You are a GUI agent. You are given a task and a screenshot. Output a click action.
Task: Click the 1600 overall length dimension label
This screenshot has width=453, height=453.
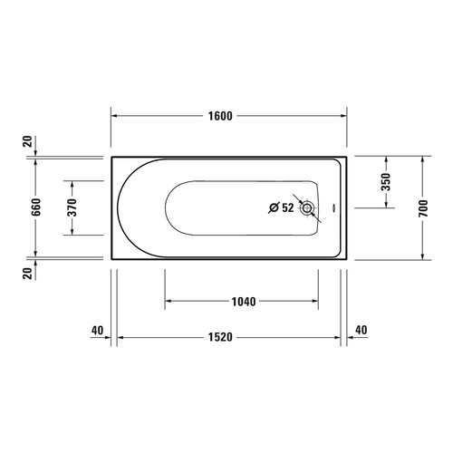[219, 116]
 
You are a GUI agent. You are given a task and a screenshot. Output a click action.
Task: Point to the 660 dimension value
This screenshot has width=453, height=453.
[36, 207]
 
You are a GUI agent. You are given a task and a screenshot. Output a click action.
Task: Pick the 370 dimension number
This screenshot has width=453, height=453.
[72, 207]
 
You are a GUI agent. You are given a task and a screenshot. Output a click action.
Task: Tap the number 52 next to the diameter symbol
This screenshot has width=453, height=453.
[287, 207]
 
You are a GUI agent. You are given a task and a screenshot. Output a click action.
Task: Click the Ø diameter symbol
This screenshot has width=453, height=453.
[274, 207]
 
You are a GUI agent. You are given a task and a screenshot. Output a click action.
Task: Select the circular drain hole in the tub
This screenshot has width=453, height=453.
[308, 207]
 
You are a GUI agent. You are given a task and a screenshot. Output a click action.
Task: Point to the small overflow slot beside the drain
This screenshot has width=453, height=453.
[332, 207]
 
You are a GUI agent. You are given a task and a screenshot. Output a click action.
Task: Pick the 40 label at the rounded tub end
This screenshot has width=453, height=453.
[97, 330]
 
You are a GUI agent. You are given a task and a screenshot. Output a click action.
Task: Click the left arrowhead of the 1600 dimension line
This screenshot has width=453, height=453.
[115, 116]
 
